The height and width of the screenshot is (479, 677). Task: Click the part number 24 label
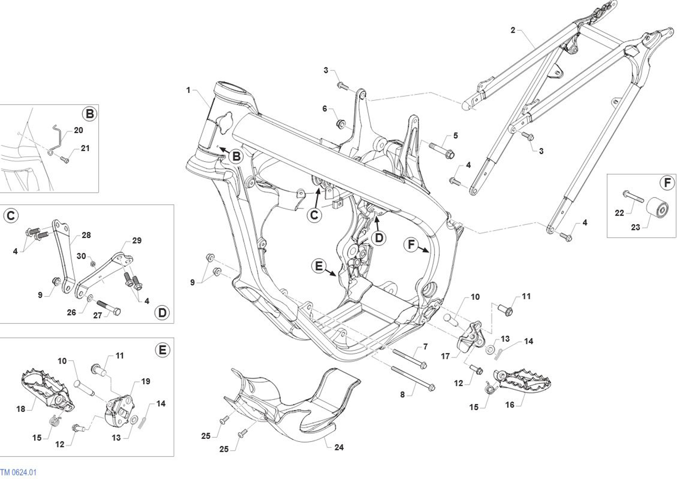point(338,447)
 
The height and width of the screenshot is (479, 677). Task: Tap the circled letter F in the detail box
point(667,183)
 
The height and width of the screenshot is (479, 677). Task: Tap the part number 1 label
point(188,90)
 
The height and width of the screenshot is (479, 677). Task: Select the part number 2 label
point(513,30)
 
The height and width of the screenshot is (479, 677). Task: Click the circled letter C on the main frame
point(314,215)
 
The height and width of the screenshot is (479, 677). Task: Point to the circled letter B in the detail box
point(90,114)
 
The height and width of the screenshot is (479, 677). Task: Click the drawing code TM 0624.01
point(18,472)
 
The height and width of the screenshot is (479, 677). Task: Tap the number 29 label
point(137,240)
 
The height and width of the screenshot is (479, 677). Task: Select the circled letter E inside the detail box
point(162,350)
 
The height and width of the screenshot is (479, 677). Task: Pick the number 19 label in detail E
point(145,381)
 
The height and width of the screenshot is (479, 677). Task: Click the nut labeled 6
point(340,125)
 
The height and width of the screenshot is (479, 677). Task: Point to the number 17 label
point(445,356)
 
